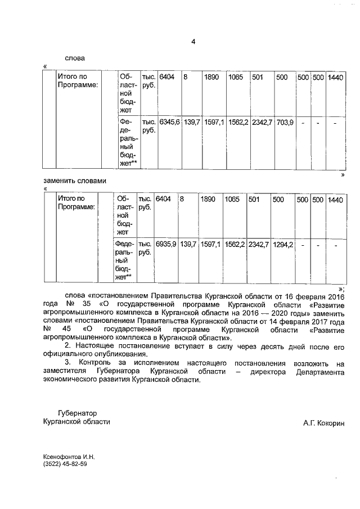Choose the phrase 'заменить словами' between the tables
coord(74,181)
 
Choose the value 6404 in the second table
coord(164,199)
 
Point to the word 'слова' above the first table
coord(74,57)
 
